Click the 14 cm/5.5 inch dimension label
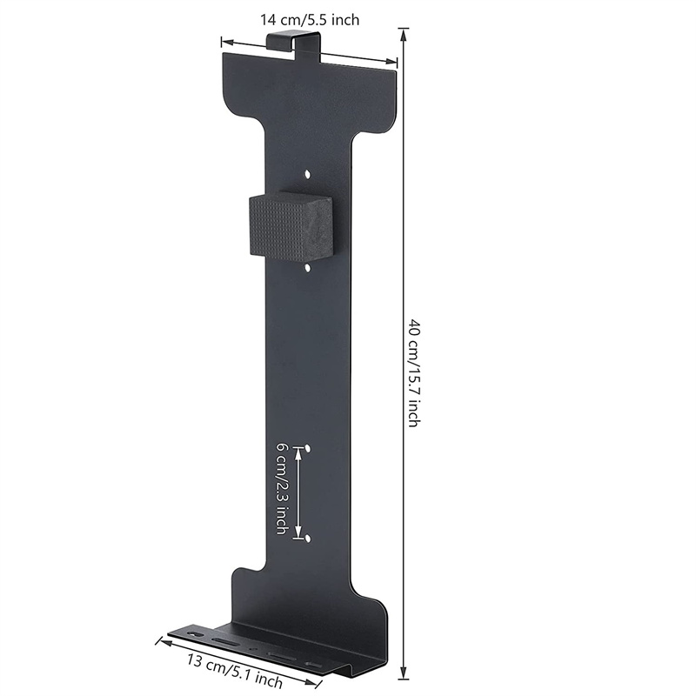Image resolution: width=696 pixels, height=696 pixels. [x=310, y=20]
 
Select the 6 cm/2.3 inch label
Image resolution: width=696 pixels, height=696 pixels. [x=281, y=488]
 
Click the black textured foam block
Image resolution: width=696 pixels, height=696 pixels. [x=291, y=226]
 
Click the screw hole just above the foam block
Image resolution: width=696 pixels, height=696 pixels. [x=309, y=174]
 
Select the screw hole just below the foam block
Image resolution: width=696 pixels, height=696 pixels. [x=309, y=268]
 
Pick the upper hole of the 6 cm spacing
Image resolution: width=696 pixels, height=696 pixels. [x=308, y=449]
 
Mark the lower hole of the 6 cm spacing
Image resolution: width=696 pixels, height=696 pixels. [x=307, y=539]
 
